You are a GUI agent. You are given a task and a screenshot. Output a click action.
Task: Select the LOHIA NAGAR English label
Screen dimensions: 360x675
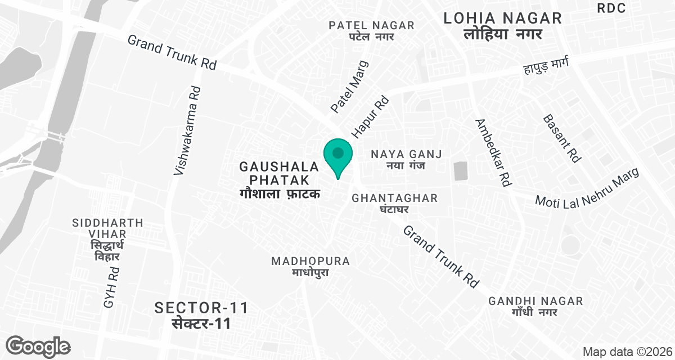(502, 18)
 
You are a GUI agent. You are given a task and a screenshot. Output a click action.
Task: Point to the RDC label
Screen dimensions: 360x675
(611, 8)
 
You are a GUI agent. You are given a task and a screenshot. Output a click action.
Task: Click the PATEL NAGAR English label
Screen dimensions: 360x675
(372, 25)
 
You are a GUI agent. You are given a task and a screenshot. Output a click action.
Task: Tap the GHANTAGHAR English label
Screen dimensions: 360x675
(394, 198)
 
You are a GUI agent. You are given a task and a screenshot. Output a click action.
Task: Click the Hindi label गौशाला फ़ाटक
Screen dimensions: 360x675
(280, 194)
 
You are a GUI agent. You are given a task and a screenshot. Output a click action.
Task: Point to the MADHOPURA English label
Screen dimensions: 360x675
(310, 261)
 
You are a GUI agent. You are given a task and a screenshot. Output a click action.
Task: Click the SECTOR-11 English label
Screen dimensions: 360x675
(201, 308)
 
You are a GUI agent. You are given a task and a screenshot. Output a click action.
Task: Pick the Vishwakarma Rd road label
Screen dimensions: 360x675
(187, 130)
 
